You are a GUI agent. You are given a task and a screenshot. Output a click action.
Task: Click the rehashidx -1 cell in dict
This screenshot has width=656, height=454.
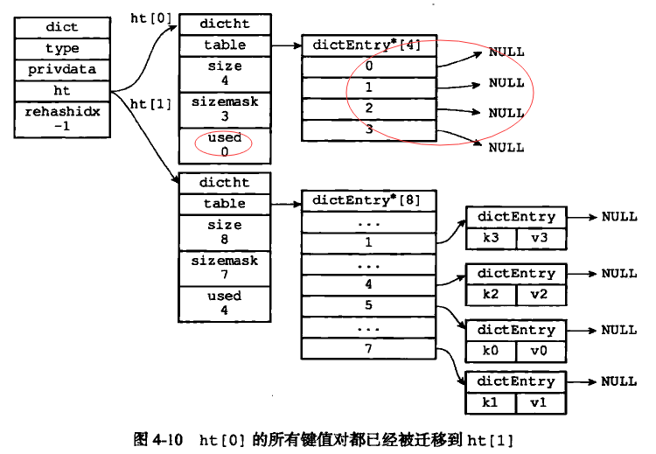[62, 118]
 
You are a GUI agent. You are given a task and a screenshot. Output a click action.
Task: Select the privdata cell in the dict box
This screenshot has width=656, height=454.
[62, 69]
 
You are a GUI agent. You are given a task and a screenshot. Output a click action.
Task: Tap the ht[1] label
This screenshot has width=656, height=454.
[150, 104]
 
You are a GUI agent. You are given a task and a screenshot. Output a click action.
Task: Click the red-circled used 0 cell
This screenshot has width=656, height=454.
[224, 145]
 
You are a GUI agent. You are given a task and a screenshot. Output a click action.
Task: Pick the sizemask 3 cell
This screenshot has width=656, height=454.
[224, 108]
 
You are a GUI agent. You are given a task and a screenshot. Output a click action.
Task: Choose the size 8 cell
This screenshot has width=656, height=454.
[224, 232]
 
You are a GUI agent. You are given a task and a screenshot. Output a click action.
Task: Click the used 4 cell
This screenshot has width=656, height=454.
[224, 303]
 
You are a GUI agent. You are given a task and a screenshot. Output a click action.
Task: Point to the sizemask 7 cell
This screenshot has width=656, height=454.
[224, 268]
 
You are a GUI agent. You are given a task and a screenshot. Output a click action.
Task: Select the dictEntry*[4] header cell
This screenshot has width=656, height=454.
[367, 45]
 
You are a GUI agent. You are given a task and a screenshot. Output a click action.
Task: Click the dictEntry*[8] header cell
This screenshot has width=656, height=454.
[367, 200]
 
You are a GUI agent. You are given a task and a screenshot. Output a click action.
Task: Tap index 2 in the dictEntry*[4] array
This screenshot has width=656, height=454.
[368, 108]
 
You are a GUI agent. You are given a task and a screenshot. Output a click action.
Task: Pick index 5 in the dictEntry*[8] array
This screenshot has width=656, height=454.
[368, 306]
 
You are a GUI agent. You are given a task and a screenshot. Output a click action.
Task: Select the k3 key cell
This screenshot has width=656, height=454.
[491, 238]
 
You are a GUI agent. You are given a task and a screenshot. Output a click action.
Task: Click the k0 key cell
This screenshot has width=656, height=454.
[491, 352]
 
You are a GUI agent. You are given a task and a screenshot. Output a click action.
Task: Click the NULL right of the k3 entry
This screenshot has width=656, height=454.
[619, 217]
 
